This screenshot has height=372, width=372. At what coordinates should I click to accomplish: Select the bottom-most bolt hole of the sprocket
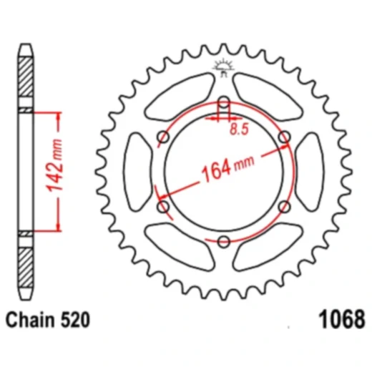(x=223, y=240)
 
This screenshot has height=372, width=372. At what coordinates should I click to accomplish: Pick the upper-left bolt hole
(x=163, y=136)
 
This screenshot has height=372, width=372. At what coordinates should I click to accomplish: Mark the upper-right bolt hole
(x=283, y=136)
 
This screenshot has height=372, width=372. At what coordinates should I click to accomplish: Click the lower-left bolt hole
(x=163, y=206)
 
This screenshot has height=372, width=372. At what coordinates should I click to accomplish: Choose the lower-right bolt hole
(x=283, y=206)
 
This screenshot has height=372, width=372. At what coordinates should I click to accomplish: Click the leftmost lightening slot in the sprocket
(x=137, y=171)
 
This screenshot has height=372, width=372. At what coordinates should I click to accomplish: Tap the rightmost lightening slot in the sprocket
(x=309, y=171)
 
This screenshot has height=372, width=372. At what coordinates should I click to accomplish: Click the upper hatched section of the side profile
(x=25, y=79)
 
